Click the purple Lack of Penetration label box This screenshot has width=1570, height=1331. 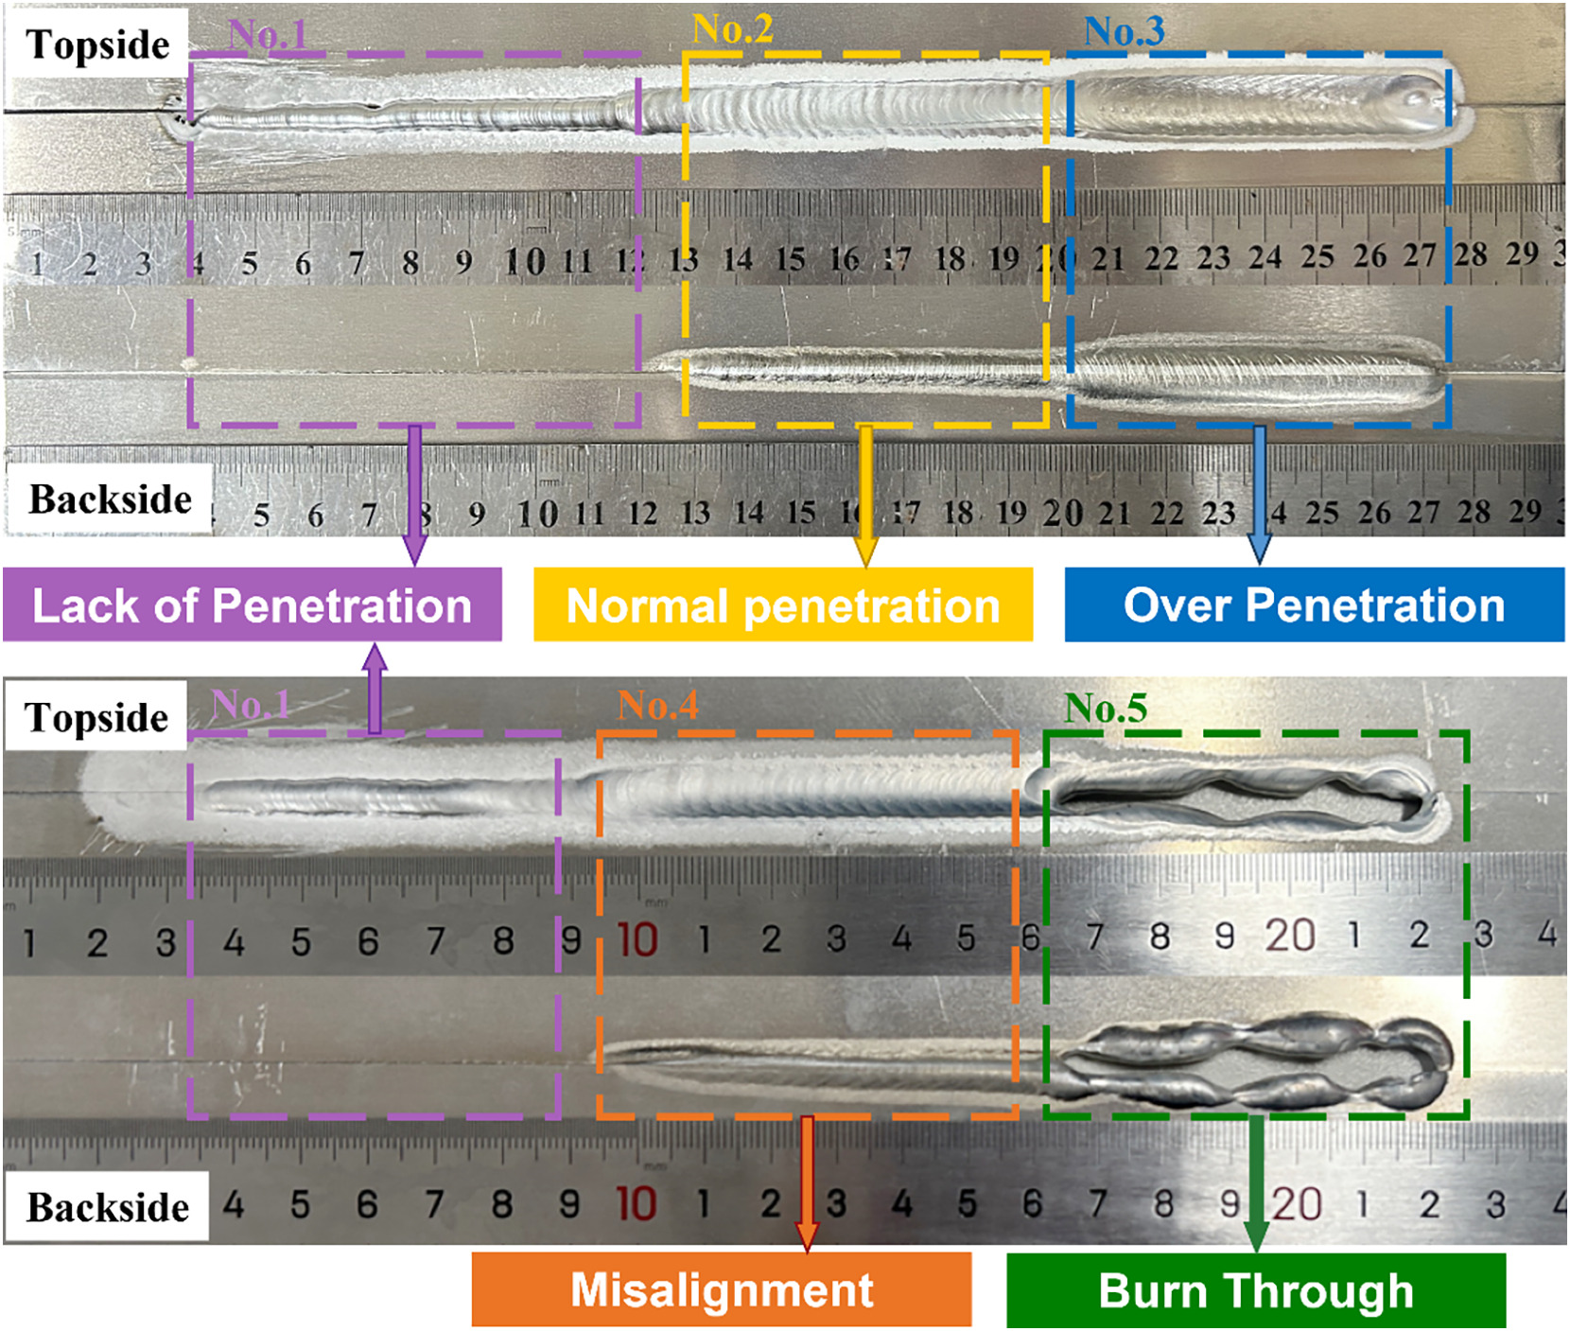(x=253, y=605)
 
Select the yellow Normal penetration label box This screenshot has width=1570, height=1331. (x=783, y=605)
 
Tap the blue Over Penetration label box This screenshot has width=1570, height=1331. (x=1315, y=605)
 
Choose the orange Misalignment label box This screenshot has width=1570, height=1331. (x=722, y=1290)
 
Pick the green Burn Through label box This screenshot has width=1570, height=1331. (x=1256, y=1290)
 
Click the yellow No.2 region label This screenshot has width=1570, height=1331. (x=733, y=29)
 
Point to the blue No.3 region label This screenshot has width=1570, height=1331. (x=1125, y=31)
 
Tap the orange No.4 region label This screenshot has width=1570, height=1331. (x=658, y=705)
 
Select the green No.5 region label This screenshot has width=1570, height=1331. (x=1106, y=708)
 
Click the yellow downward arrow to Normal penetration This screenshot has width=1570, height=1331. (x=865, y=497)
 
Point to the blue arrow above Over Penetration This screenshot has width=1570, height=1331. (x=1259, y=496)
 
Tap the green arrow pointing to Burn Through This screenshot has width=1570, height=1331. (x=1255, y=1184)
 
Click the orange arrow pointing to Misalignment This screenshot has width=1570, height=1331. (x=807, y=1184)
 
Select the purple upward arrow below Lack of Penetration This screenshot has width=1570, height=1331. (x=375, y=689)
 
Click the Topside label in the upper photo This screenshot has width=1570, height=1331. (x=97, y=44)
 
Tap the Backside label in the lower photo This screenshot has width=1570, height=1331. (x=107, y=1207)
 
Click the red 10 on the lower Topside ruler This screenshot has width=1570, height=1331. (x=637, y=939)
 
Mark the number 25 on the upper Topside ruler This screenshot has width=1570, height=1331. (x=1317, y=256)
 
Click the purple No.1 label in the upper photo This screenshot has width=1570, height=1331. (x=268, y=34)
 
